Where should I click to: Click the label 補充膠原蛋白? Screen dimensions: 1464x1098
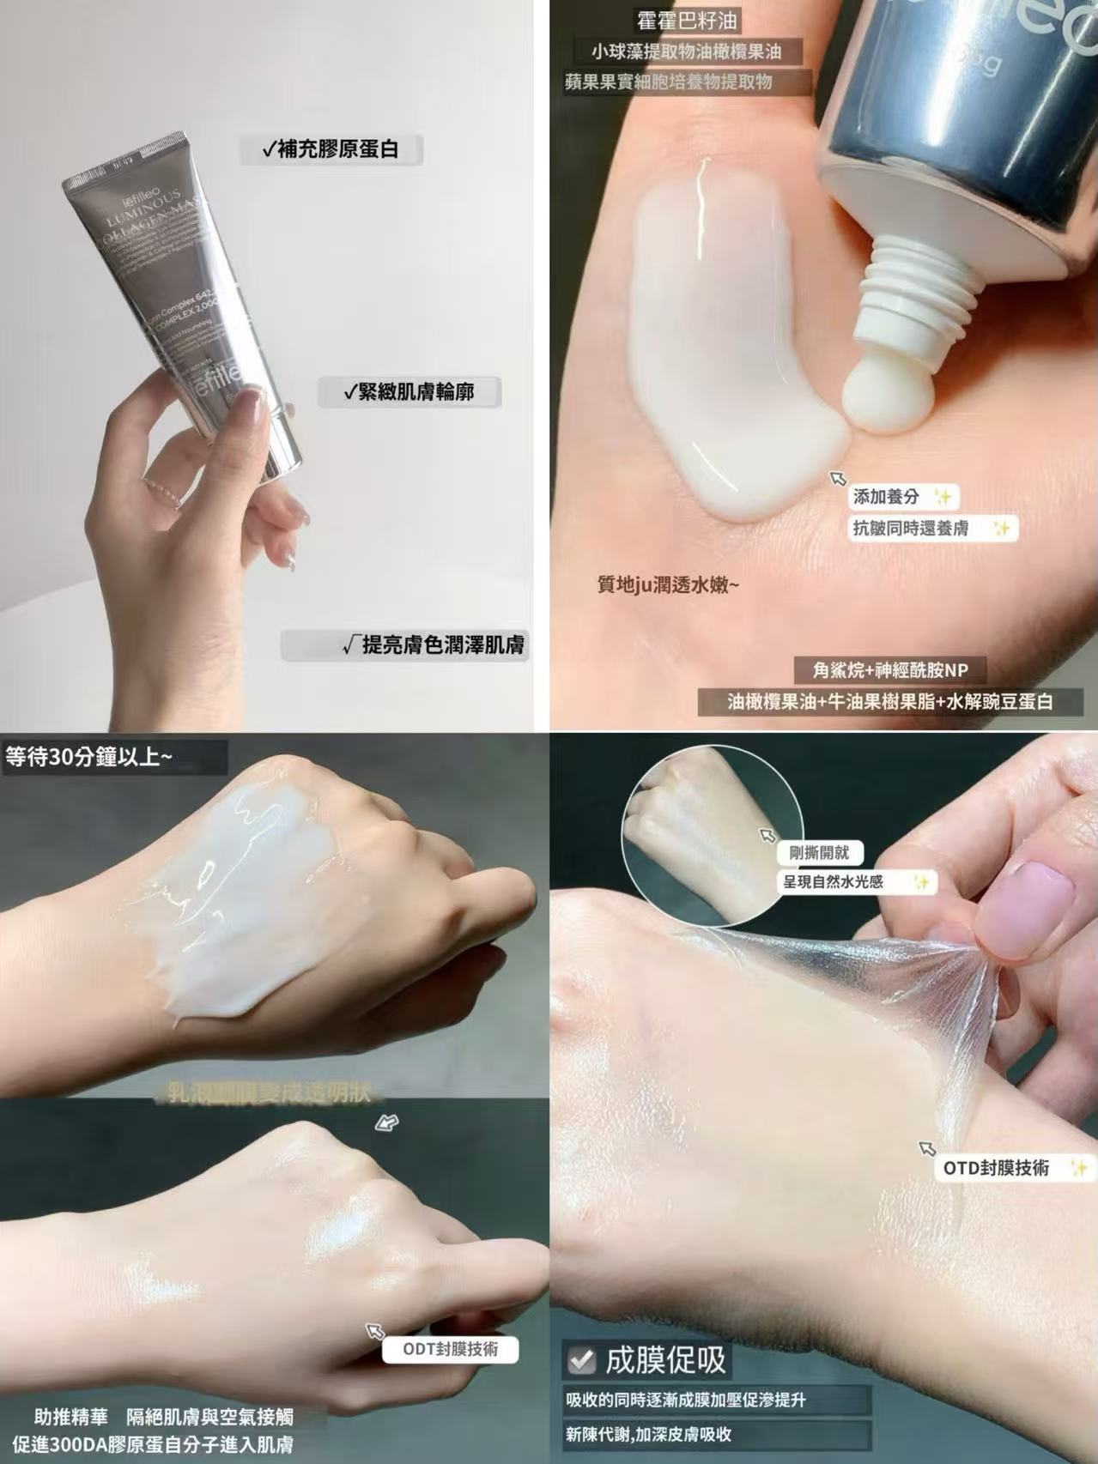331,150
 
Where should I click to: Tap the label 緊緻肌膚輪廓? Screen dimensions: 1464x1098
409,392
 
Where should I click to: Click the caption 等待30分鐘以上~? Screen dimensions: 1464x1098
89,758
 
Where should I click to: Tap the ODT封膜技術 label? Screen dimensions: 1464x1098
451,1348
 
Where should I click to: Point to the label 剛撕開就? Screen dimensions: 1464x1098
819,852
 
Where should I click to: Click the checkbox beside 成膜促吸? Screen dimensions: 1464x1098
581,1359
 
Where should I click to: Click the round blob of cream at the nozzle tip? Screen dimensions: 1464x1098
876,394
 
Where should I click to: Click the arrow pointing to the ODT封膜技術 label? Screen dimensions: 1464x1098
375,1331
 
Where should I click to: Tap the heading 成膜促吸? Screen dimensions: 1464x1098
665,1359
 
